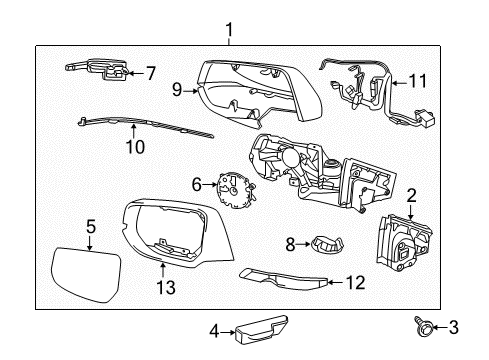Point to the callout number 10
pos(135,147)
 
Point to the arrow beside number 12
pos(334,283)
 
